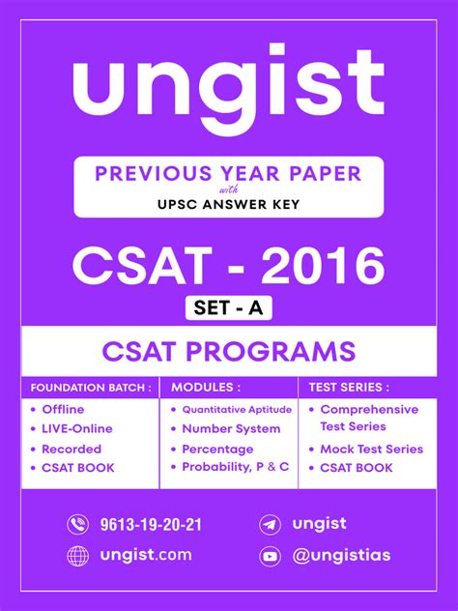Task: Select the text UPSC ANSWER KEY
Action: tap(228, 204)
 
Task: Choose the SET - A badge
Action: tap(228, 308)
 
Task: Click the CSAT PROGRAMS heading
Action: tap(228, 350)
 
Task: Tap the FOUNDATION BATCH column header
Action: tap(91, 388)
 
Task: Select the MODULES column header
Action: tap(206, 388)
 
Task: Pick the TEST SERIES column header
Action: tap(349, 388)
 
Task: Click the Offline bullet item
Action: tap(63, 410)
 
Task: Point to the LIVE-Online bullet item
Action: tap(77, 429)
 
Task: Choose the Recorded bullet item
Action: tap(71, 450)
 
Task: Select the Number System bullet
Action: tap(231, 429)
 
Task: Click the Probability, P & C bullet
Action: tap(235, 468)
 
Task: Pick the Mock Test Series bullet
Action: tap(371, 450)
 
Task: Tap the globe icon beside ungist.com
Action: tap(78, 556)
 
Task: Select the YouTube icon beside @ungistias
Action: tap(271, 556)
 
